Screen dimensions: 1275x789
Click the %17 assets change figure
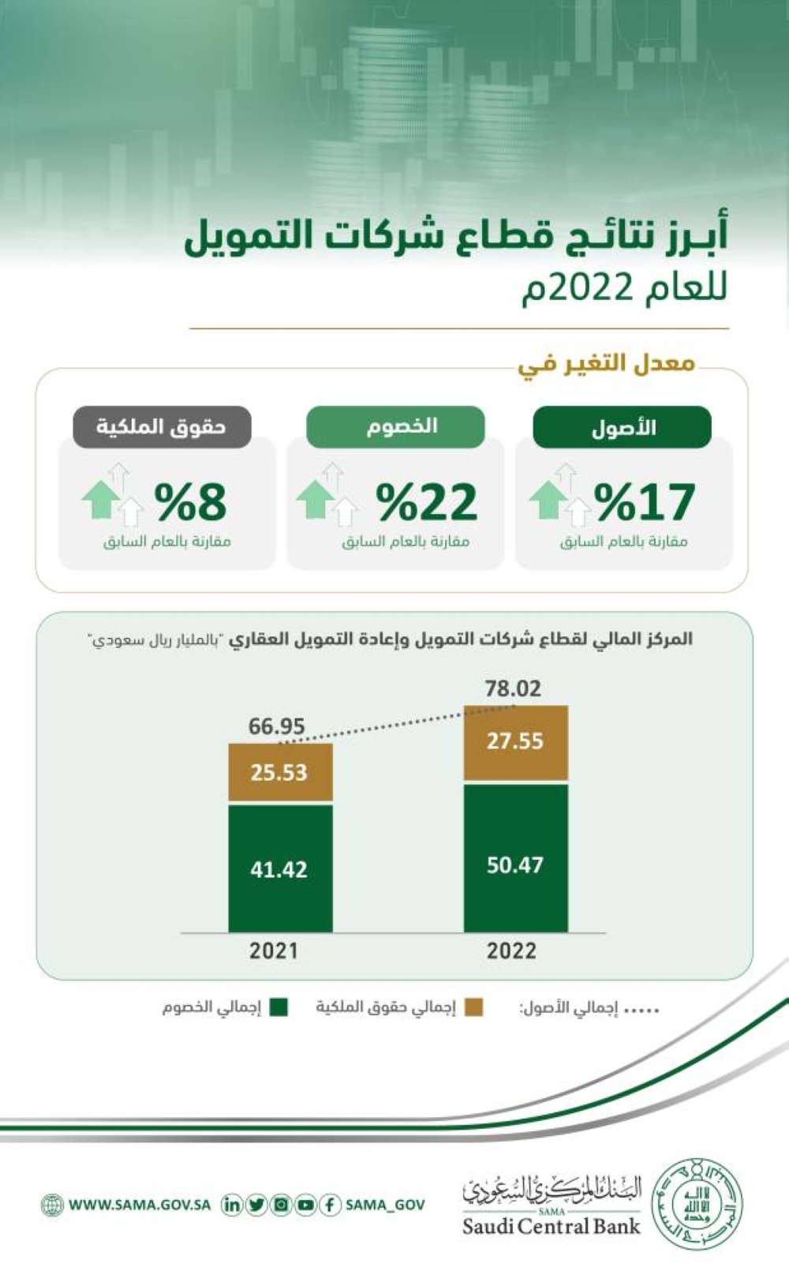pos(645,502)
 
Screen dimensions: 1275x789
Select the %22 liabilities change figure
pos(426,502)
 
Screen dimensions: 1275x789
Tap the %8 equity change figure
pos(190,502)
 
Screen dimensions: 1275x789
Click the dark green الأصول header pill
pos(623,427)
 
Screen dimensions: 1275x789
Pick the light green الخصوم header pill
pos(395,426)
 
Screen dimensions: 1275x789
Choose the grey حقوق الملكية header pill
pos(162,426)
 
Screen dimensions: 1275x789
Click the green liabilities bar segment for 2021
pos(280,868)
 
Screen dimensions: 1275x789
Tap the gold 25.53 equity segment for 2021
pos(280,772)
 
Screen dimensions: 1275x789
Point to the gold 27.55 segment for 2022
pos(515,742)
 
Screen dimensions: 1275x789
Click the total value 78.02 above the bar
pos(513,689)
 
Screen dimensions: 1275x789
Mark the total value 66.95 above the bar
pos(276,726)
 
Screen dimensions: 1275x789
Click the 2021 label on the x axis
pos(274,951)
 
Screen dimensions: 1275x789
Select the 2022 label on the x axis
pos(511,951)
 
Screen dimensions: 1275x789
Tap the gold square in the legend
pos(473,1008)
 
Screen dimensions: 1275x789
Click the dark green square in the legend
pos(279,1008)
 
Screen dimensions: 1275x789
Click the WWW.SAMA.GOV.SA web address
pos(139,1206)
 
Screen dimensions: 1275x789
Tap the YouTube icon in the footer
pos(305,1205)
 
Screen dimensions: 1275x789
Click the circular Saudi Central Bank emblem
pos(700,1203)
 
